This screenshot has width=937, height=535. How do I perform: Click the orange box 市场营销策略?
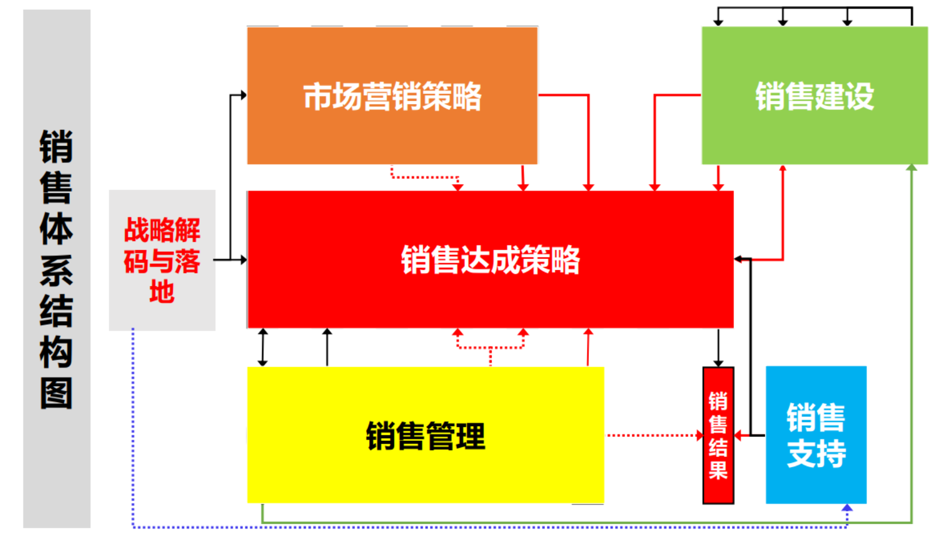(x=392, y=96)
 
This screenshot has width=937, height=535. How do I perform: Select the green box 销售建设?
(x=814, y=96)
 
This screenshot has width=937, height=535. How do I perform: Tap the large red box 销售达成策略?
(x=490, y=259)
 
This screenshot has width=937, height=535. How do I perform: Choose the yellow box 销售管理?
(x=425, y=435)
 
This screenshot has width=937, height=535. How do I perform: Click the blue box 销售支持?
(x=816, y=435)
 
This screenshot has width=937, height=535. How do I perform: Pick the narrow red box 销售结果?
(x=718, y=435)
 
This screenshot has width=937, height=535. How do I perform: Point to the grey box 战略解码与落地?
(x=162, y=260)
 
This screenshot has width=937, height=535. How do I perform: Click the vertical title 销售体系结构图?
(x=56, y=269)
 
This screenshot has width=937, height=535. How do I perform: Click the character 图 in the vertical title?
(x=56, y=394)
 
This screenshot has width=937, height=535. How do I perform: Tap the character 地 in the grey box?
(x=162, y=292)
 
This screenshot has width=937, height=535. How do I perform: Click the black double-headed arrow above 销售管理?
(x=263, y=347)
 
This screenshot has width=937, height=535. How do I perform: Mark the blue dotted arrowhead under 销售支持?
(x=847, y=508)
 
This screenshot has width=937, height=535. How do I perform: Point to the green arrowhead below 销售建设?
(x=912, y=168)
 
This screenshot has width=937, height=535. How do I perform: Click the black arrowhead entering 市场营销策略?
(x=243, y=95)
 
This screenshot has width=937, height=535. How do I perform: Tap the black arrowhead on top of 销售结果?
(x=718, y=363)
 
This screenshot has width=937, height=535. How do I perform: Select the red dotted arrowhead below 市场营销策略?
(x=458, y=187)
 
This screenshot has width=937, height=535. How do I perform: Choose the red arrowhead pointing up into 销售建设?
(x=783, y=168)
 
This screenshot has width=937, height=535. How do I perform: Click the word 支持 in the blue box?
(x=816, y=454)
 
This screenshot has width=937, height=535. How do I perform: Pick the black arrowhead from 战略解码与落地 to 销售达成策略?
(x=243, y=260)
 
